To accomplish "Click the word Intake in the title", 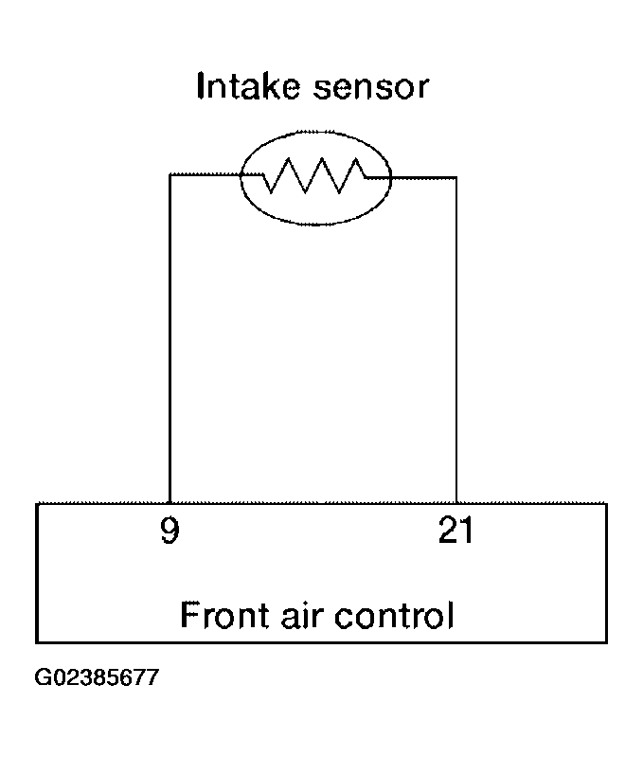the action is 248,86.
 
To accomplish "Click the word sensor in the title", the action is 371,88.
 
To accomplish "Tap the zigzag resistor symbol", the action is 314,175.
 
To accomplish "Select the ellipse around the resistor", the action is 241,178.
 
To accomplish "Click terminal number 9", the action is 170,531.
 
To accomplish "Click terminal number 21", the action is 455,530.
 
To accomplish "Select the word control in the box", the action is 394,615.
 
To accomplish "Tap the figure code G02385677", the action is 97,676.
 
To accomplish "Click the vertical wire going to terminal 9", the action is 170,338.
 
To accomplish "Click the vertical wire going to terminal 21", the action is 456,340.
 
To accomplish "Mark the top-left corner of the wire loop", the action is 170,174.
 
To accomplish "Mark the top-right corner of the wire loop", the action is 456,178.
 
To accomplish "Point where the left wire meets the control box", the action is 170,503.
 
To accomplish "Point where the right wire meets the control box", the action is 456,503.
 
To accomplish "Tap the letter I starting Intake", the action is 201,86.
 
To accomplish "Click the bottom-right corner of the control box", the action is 606,642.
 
